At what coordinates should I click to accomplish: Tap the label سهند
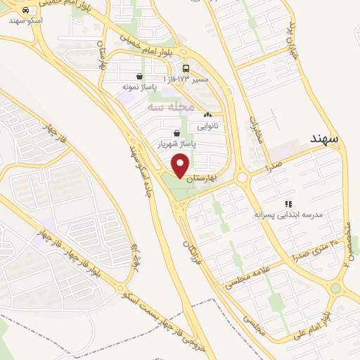(323, 139)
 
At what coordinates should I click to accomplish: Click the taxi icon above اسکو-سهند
(26, 11)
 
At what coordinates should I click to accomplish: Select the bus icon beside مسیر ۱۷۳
(186, 69)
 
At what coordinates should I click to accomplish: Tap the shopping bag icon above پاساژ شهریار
(175, 131)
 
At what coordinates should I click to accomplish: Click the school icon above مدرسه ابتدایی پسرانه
(288, 203)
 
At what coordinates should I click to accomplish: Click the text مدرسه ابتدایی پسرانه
(288, 214)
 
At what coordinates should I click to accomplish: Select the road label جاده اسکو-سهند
(139, 176)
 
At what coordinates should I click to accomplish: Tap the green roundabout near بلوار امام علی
(335, 288)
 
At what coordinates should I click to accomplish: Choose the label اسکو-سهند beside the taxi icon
(27, 21)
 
